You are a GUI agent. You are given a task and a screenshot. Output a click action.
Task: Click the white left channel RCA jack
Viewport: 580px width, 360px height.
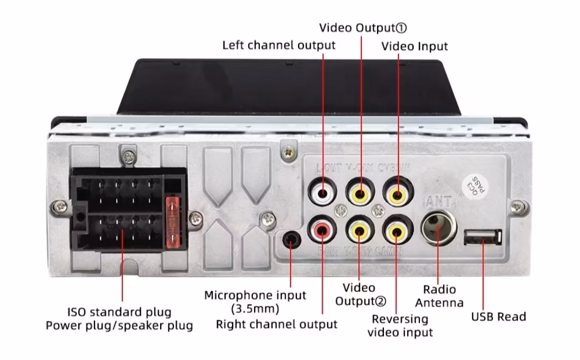pos(322,193)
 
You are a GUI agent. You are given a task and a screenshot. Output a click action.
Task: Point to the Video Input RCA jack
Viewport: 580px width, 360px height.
pos(397,193)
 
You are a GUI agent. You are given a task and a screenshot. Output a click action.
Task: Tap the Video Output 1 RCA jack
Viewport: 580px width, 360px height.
pos(360,193)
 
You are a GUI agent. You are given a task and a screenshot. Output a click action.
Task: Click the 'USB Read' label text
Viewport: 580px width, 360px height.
pos(498,317)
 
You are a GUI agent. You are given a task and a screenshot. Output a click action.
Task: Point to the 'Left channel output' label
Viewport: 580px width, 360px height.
pos(279,45)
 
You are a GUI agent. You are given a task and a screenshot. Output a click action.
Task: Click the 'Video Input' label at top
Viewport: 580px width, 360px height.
pos(414,46)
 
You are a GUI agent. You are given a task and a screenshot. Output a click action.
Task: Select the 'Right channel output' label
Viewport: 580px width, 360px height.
pos(277,325)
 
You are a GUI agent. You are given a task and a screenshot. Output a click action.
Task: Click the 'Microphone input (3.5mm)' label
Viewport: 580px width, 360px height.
pos(255,302)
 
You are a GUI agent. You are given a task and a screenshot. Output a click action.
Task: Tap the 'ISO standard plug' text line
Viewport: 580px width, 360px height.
pos(119,312)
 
